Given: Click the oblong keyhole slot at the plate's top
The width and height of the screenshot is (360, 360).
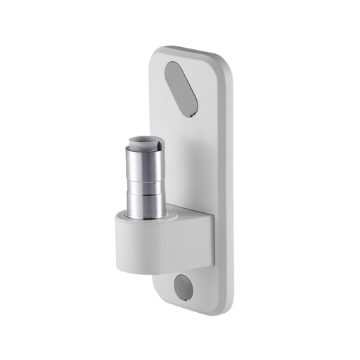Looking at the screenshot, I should click(181, 88).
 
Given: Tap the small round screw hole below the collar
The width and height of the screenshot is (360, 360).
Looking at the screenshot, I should click(183, 287).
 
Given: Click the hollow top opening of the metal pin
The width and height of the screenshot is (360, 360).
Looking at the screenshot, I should click(146, 143).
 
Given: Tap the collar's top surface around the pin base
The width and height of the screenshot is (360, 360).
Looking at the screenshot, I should click(172, 215).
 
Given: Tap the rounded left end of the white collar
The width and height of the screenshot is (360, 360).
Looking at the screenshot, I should click(120, 243).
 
